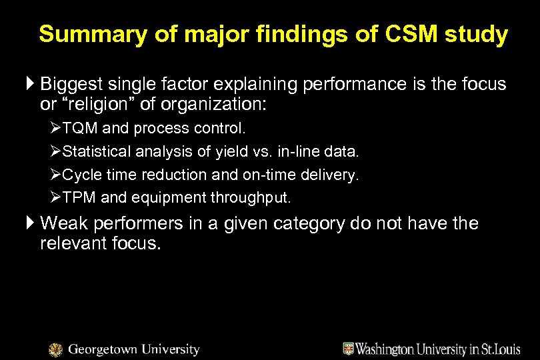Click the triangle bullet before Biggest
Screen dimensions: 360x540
[33, 85]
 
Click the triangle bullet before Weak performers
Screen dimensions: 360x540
[33, 223]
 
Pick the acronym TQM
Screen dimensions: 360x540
[80, 128]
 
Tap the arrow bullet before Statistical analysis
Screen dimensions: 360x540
[57, 151]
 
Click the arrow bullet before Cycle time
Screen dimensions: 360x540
[57, 175]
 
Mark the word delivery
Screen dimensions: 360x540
[333, 175]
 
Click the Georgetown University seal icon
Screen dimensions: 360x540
[57, 349]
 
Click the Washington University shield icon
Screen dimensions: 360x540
[348, 348]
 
